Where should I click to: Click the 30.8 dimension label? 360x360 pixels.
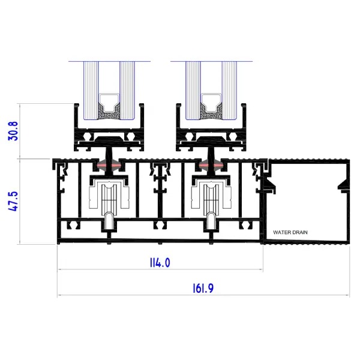(13, 131)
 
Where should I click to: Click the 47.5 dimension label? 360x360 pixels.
(13, 202)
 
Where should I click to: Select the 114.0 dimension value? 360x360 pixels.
(160, 263)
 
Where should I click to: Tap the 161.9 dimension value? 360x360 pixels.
(203, 289)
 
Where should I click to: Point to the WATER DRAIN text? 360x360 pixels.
(290, 232)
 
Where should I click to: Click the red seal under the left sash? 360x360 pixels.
(109, 166)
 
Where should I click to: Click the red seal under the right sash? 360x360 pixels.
(211, 166)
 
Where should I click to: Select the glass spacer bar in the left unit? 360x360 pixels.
(109, 103)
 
